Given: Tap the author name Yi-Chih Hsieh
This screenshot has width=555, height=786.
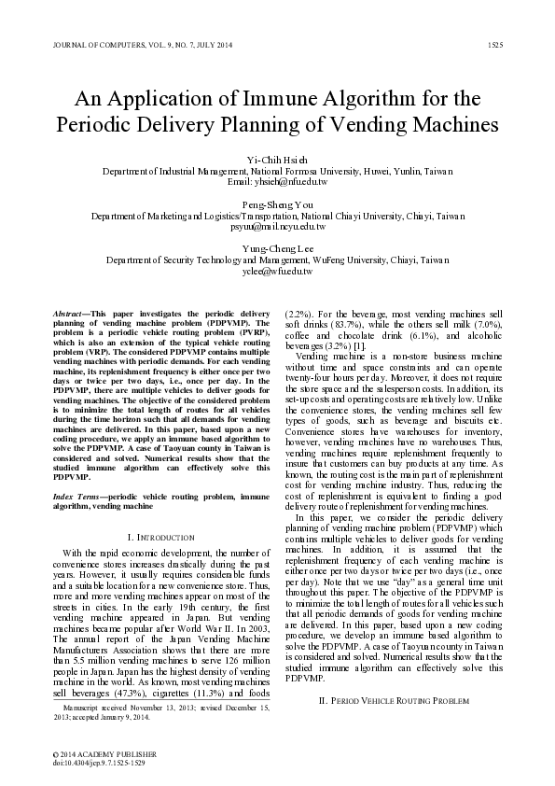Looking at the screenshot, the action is click(x=277, y=160).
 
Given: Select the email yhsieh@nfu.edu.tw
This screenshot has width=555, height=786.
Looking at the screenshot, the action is click(x=277, y=184).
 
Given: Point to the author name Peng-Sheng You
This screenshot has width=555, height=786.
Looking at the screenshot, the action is click(x=277, y=204).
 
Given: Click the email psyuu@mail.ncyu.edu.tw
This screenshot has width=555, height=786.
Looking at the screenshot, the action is click(x=277, y=227).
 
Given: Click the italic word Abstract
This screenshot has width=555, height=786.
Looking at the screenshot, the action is click(x=70, y=308).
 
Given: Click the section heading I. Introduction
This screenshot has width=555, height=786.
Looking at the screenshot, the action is click(x=159, y=538).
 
